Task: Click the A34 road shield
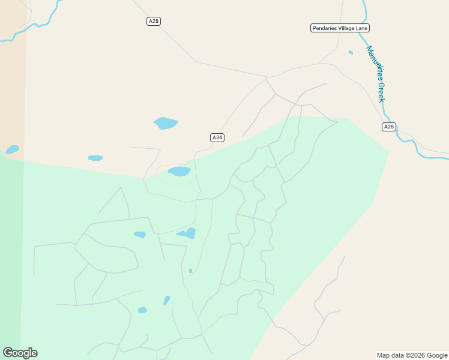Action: [217, 137]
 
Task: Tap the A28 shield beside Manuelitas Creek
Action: [389, 127]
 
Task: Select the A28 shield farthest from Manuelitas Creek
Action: [154, 21]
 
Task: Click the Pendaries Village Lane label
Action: [340, 28]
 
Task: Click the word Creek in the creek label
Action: [381, 92]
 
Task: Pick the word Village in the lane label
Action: [348, 28]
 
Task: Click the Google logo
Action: [20, 353]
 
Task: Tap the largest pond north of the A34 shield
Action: [166, 123]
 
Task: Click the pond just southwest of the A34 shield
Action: [179, 172]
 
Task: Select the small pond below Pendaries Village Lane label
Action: [351, 52]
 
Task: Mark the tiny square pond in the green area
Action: [190, 271]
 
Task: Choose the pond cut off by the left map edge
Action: [12, 149]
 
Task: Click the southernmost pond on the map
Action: [142, 310]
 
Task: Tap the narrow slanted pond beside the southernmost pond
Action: [167, 300]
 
